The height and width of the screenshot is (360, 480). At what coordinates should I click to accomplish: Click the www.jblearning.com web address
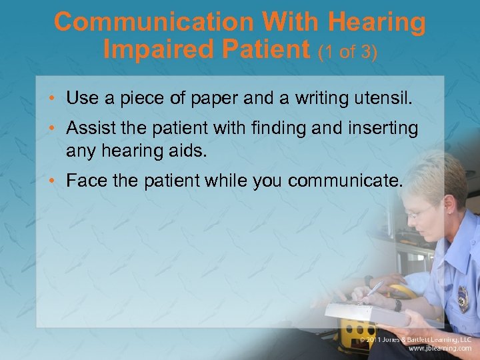[439, 349]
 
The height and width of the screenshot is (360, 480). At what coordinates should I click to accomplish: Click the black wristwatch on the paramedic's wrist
[398, 304]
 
